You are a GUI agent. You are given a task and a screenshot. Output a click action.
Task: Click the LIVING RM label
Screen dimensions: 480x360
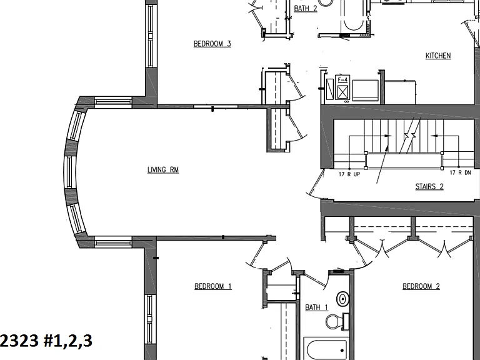click(x=163, y=169)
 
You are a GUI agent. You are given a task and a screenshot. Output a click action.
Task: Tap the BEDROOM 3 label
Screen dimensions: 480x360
click(x=212, y=44)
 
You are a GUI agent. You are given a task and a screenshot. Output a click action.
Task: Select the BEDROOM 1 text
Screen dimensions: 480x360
click(x=213, y=286)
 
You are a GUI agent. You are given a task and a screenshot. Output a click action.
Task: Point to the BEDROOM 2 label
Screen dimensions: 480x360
click(x=421, y=286)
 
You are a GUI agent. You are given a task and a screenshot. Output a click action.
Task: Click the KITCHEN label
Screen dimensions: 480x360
click(x=438, y=56)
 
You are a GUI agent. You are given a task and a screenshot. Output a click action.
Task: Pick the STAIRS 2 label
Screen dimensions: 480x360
click(x=429, y=186)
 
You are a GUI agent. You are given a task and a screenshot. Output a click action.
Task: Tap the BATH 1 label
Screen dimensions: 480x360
click(x=316, y=307)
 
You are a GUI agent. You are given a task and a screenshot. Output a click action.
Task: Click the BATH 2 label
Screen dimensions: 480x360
click(x=306, y=8)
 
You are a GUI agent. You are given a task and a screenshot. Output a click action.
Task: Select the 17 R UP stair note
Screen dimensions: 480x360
click(x=349, y=174)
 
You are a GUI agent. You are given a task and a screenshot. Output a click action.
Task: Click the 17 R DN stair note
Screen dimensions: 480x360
click(x=460, y=172)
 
